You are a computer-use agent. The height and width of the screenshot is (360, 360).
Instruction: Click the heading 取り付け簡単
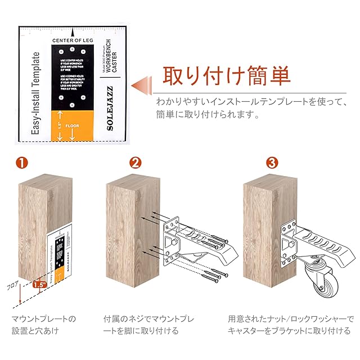tap(227, 75)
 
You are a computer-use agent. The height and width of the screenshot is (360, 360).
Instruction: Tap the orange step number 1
tap(21, 163)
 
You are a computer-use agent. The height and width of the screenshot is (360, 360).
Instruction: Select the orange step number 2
tap(135, 163)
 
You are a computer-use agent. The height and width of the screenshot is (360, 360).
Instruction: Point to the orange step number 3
tap(272, 163)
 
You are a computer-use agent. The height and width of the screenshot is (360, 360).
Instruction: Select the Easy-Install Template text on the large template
tap(35, 96)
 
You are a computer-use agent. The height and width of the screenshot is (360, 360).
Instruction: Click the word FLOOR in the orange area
tap(72, 125)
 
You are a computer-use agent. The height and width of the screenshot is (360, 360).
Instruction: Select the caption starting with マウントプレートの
tap(44, 325)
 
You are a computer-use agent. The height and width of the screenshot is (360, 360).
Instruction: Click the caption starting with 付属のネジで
tap(150, 325)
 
